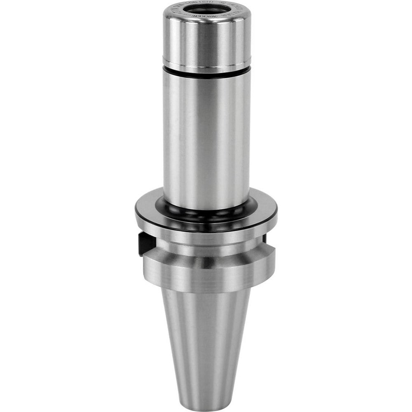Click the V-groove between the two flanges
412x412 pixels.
click(x=206, y=249)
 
